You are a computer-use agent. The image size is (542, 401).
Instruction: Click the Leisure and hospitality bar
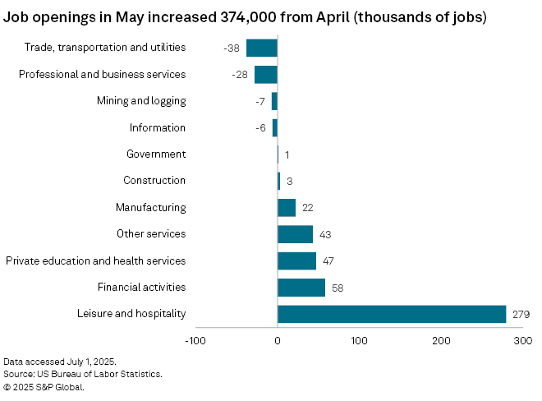[392, 314]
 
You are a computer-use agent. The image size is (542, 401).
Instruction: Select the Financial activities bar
[301, 288]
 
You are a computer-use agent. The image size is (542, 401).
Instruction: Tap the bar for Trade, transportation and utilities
[262, 48]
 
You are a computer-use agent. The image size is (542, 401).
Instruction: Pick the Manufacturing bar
[287, 208]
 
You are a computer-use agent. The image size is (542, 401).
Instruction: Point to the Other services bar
[295, 234]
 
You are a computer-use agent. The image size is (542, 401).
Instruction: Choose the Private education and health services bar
[296, 260]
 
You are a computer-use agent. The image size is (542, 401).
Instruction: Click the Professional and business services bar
[266, 75]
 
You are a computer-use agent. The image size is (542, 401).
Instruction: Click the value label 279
[521, 315]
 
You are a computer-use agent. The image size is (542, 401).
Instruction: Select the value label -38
[232, 48]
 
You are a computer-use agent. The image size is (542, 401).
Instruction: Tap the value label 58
[338, 288]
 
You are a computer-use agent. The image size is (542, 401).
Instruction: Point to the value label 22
[308, 209]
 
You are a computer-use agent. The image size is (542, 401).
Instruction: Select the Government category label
[156, 154]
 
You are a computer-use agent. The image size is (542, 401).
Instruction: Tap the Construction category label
[154, 181]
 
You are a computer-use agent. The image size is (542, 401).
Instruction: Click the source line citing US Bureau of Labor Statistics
[82, 374]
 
